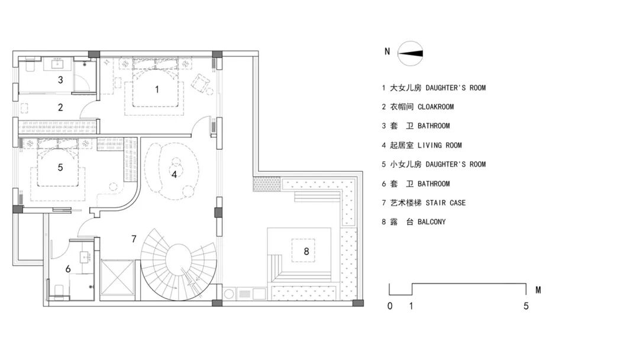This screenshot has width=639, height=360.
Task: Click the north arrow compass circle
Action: tap(410, 41)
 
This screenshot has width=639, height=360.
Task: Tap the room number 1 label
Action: tap(157, 89)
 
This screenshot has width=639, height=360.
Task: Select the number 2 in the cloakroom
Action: tap(60, 107)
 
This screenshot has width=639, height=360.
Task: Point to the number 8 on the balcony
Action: tap(306, 251)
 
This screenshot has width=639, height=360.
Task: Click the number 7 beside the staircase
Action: tap(134, 239)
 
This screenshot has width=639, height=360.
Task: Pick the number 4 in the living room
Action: tap(175, 174)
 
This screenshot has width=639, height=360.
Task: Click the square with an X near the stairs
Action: tap(117, 277)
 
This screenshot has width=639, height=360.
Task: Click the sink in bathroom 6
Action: tap(86, 257)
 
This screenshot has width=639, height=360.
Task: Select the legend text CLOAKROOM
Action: tap(435, 107)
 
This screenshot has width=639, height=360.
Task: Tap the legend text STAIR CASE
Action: tap(446, 202)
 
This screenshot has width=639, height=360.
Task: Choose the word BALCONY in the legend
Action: tap(431, 222)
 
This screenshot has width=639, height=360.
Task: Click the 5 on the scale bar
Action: tap(526, 306)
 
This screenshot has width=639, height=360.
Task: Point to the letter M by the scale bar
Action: tap(538, 290)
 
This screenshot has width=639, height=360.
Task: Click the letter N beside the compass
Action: tap(387, 52)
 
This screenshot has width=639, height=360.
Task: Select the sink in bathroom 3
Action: tap(57, 63)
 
